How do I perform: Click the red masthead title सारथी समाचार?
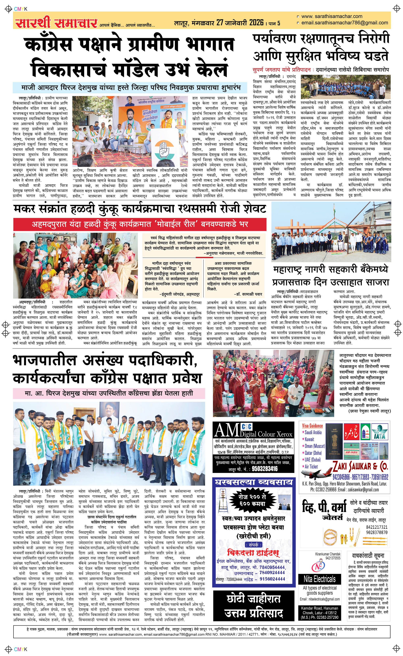point(56,23)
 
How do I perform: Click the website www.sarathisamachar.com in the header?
point(332,16)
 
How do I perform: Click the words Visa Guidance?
point(312,426)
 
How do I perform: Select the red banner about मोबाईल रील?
point(140,224)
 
